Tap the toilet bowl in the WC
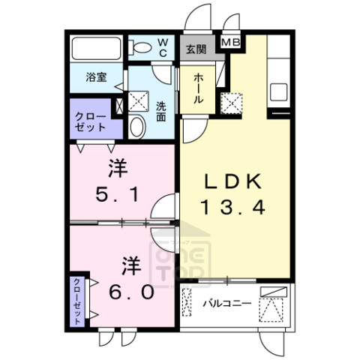tap(140, 47)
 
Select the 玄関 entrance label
tap(196, 49)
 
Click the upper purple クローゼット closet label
tap(88, 121)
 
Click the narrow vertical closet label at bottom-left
tap(78, 301)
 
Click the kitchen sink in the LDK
tap(280, 92)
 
